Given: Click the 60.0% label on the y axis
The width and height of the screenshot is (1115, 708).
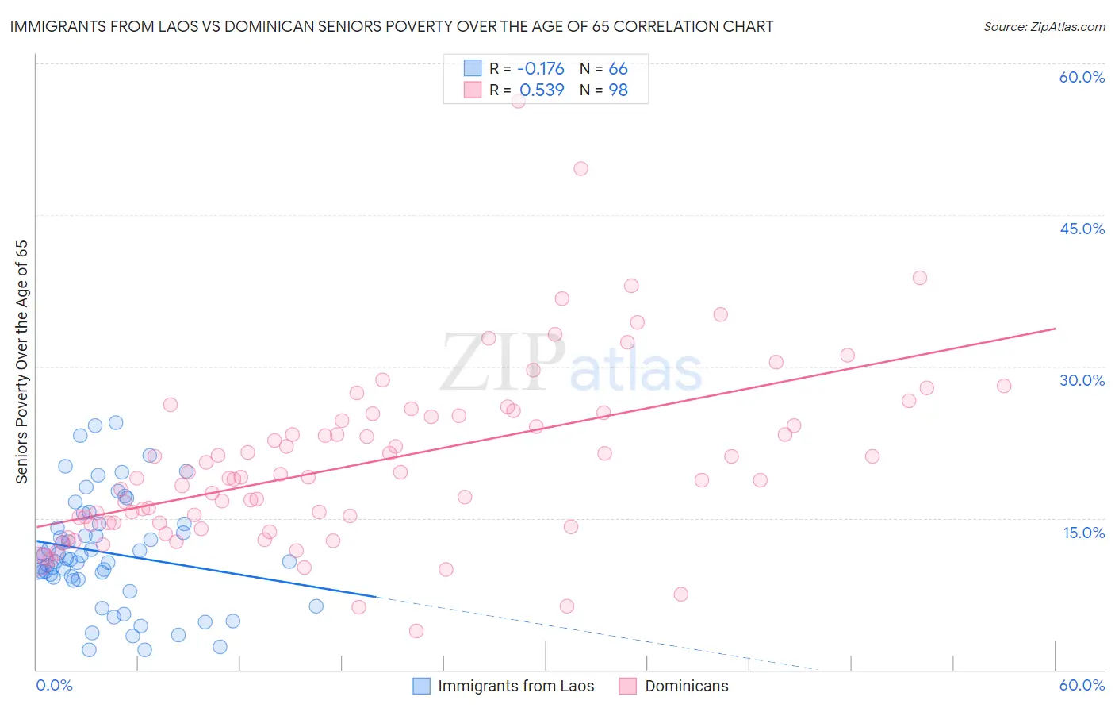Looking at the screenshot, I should coord(1082,77).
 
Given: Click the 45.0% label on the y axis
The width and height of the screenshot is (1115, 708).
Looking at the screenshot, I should coord(1082,229).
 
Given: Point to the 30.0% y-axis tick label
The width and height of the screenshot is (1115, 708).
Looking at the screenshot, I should coord(1082,380).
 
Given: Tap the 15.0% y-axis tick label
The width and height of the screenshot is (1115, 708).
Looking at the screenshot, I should coord(1083,533).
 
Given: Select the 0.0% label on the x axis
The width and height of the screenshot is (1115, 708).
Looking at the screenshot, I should coord(54,685).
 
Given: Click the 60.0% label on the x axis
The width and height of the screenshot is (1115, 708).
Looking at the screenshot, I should coord(1082,685).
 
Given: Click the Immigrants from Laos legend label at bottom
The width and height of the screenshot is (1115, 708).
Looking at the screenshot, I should coord(515,686).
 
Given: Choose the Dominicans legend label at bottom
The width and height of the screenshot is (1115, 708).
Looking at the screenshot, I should coord(687,686).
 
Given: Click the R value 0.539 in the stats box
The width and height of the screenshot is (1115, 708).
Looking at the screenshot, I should coord(542,90).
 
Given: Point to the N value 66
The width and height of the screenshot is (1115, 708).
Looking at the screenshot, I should coord(618,68).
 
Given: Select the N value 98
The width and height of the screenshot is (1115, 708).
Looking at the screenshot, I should coord(618,90).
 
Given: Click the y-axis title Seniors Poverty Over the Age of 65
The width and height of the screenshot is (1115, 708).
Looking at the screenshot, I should coord(21,362).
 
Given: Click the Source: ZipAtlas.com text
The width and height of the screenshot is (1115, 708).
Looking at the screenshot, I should coord(1044,26).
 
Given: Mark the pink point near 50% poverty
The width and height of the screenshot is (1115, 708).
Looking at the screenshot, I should coord(580,168).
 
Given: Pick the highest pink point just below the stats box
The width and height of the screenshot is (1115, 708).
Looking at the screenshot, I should coord(518,101).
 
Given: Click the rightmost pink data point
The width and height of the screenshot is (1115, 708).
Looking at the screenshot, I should coord(1004,386).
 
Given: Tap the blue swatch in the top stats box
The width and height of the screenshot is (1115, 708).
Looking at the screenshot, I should coord(473,68).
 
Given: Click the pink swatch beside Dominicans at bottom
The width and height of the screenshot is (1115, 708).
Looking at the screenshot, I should coord(628,686).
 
